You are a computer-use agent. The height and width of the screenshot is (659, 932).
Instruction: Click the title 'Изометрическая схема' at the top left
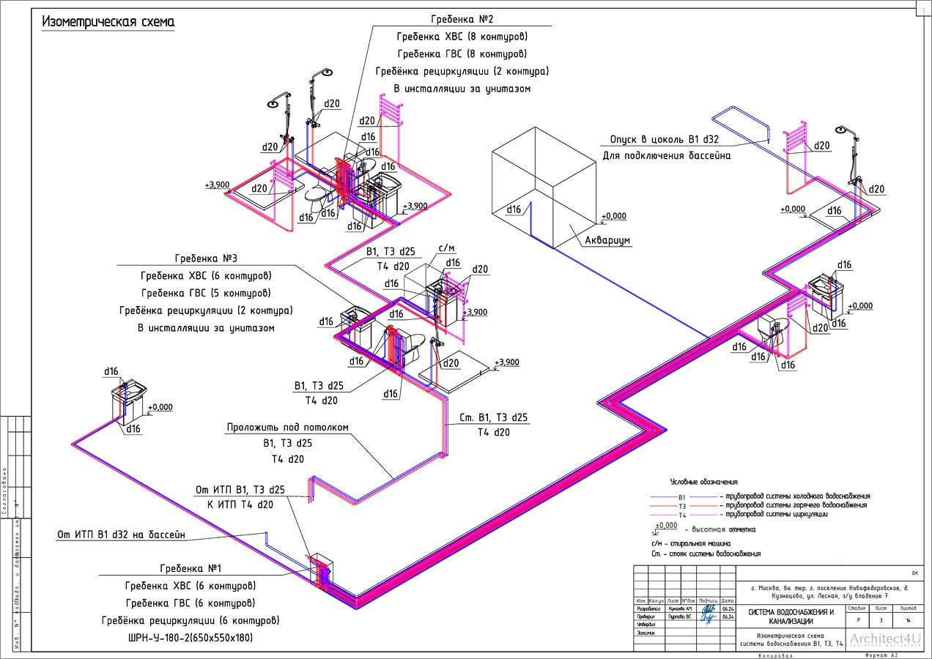point(108,21)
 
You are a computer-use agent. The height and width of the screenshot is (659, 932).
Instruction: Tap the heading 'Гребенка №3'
point(205,259)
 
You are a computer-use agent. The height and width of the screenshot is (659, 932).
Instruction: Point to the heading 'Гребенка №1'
point(191,568)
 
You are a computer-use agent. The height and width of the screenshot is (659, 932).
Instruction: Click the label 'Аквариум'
point(607,240)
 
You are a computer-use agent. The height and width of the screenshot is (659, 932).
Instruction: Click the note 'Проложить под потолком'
point(288,428)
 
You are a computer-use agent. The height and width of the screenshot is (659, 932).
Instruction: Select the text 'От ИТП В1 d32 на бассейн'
point(121,535)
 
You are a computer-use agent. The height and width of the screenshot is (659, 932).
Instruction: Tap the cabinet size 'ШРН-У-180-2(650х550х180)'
point(189,638)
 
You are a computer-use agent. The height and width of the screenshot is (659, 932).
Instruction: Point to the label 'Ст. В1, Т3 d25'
point(493,417)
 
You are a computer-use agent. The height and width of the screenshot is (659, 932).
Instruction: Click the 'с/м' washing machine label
point(445,248)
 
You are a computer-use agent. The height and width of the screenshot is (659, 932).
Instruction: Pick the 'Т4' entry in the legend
point(682,515)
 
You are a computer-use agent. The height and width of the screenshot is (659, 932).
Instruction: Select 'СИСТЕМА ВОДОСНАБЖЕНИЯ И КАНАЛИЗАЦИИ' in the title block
point(791,617)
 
